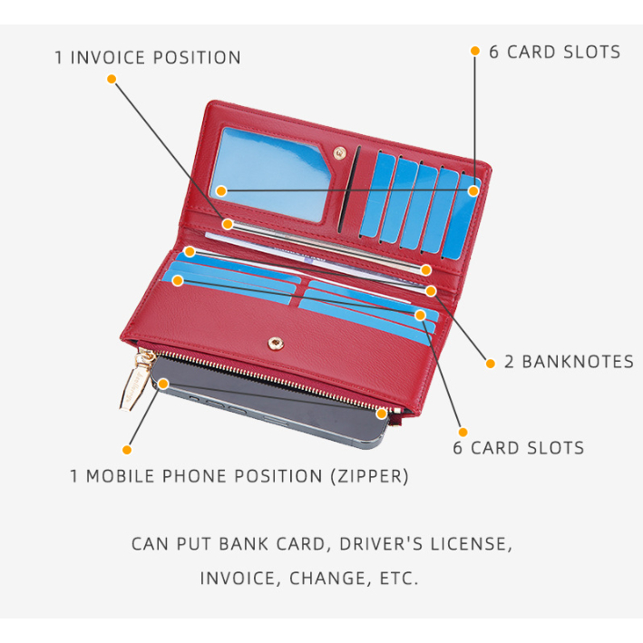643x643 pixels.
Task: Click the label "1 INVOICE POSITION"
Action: (x=148, y=58)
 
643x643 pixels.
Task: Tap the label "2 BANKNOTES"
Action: (x=569, y=362)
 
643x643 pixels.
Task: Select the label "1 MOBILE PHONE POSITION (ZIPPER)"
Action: (x=239, y=476)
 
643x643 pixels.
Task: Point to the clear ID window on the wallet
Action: (x=274, y=174)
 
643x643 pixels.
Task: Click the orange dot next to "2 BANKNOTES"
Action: (x=491, y=363)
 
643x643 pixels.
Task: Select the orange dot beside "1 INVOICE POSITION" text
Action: (x=112, y=79)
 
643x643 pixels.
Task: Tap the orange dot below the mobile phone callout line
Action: (x=127, y=449)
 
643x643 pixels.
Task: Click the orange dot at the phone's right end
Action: (x=383, y=414)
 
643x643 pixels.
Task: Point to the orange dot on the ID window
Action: (x=220, y=190)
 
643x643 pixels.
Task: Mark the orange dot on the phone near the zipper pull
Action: (x=163, y=384)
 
